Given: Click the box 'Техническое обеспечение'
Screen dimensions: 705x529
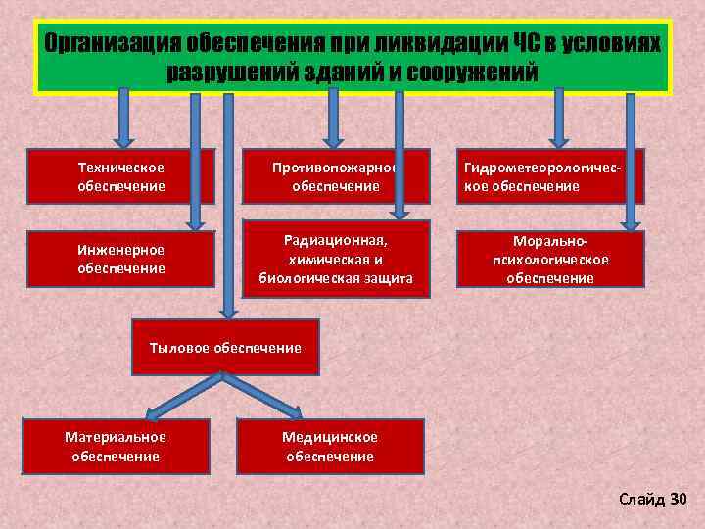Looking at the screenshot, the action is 121,177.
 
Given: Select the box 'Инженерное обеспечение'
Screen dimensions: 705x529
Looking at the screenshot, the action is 121,259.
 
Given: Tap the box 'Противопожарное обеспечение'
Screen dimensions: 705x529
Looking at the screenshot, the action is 336,177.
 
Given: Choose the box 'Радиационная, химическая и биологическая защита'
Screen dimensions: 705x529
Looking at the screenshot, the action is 336,259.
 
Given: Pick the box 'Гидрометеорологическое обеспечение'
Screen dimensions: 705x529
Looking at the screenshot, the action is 549,177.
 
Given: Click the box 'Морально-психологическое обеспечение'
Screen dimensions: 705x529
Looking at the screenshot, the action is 549,259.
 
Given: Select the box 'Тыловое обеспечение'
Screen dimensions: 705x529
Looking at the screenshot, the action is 225,348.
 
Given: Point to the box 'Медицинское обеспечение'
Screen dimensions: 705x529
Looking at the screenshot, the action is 330,447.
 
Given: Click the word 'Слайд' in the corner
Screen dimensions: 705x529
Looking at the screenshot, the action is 641,500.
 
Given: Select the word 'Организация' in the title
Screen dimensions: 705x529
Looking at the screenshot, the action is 110,44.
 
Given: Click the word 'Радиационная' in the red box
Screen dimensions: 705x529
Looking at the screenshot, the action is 336,240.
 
